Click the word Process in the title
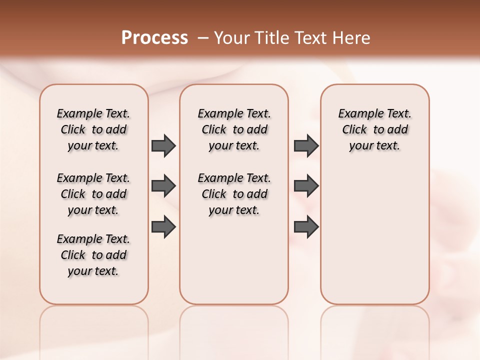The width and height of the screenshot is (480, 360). [x=154, y=37]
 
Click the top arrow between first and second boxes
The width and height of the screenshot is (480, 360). [x=163, y=145]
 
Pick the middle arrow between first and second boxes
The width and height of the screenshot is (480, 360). [x=163, y=186]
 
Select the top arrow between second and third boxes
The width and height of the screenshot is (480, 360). [x=306, y=145]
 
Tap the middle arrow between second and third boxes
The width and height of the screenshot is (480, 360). [x=306, y=186]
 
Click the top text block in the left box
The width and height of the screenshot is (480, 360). [x=93, y=129]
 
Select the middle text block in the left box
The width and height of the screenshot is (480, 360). [x=93, y=194]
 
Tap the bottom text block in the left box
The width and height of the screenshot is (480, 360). [x=93, y=255]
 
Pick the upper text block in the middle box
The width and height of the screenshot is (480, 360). [x=234, y=129]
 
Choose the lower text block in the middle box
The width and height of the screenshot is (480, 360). [x=234, y=194]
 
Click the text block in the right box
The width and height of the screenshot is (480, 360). [x=375, y=129]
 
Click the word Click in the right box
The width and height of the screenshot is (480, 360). [x=354, y=130]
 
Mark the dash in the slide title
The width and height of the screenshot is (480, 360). [x=203, y=37]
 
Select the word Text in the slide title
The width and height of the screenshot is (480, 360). [x=311, y=37]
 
